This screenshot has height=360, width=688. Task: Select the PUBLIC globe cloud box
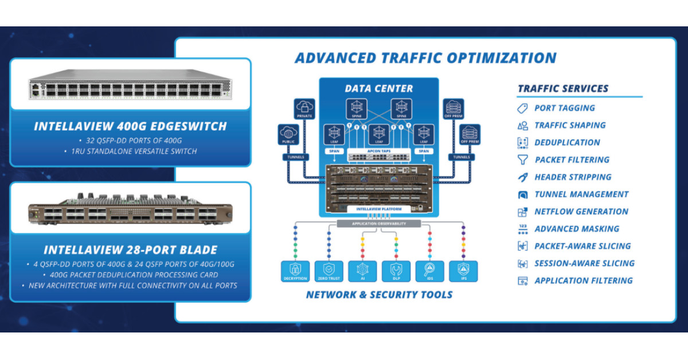pos(288,135)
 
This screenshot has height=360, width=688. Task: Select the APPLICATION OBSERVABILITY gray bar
pos(380,223)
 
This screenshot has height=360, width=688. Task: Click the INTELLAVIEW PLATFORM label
pos(379,209)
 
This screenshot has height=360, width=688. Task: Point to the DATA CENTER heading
pos(378,89)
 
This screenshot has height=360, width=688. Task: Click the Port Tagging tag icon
pos(522,108)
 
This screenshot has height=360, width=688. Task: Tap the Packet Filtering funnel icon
pos(522,160)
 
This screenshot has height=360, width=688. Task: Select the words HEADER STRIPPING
pos(573,177)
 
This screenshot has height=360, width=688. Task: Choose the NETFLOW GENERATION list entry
pos(581,212)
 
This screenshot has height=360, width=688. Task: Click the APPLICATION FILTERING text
pos(583,280)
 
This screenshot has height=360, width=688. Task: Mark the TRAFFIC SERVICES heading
pos(563,89)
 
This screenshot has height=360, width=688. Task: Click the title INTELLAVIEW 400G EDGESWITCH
pos(131,126)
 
